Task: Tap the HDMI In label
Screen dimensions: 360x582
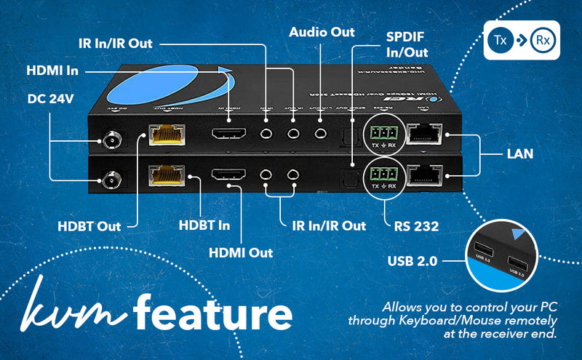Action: pyautogui.click(x=52, y=71)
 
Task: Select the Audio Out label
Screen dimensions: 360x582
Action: pyautogui.click(x=322, y=32)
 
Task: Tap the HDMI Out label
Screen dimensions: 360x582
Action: pyautogui.click(x=240, y=252)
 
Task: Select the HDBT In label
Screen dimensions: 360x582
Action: pyautogui.click(x=204, y=225)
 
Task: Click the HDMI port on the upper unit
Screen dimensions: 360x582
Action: pyautogui.click(x=228, y=135)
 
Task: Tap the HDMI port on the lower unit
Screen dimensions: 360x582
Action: pyautogui.click(x=228, y=175)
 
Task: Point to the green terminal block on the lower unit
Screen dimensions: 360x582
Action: pyautogui.click(x=383, y=174)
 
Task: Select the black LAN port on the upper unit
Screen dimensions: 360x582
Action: pyautogui.click(x=425, y=134)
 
